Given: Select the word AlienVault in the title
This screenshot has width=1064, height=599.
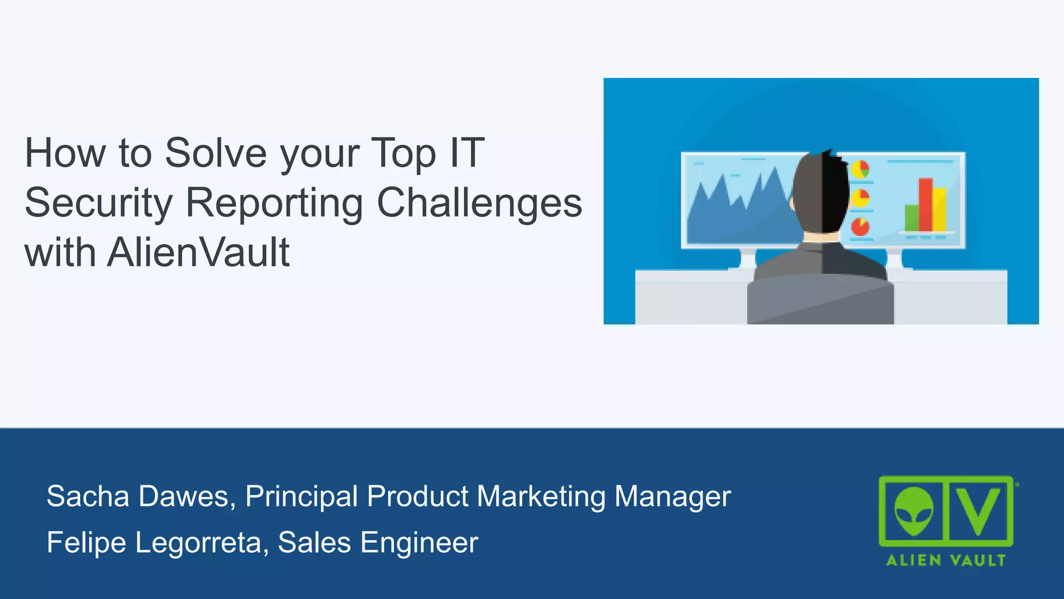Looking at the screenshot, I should click(x=198, y=253).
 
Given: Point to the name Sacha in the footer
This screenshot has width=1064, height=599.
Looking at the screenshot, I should click(x=87, y=496).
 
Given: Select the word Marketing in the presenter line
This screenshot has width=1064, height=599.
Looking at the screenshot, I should click(x=541, y=496).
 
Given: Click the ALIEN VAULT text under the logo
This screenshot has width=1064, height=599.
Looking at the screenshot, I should click(x=946, y=561).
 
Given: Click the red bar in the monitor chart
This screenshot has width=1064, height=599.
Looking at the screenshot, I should click(x=925, y=204).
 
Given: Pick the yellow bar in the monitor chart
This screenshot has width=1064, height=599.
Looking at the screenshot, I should click(x=939, y=210).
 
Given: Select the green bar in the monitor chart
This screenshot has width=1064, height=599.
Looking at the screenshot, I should click(x=912, y=217).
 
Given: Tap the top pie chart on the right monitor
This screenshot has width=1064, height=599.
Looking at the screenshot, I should click(x=860, y=169).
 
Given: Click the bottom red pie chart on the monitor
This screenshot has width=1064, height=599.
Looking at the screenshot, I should click(x=860, y=227).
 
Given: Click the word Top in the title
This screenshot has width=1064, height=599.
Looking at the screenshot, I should click(x=403, y=153).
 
